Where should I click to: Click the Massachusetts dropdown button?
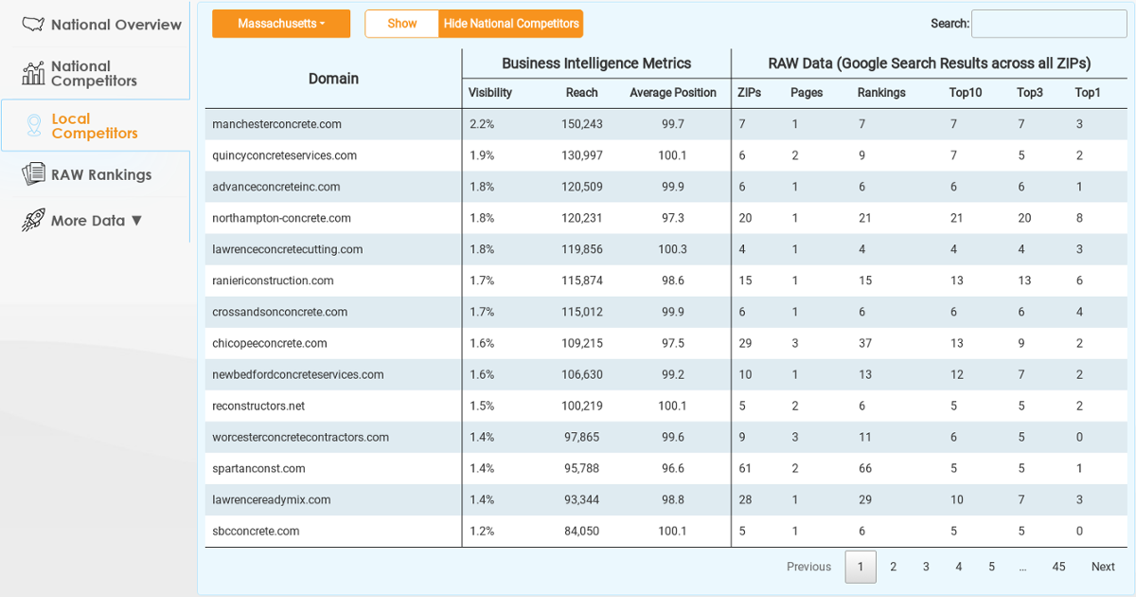coord(281,24)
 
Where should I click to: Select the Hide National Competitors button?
coord(510,24)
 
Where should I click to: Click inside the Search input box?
coord(1049,24)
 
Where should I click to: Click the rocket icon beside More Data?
coord(33,220)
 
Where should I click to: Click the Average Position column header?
coord(672,93)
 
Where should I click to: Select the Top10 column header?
coord(965,93)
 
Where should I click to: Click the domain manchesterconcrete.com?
coord(276,124)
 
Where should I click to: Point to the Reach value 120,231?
coord(581,218)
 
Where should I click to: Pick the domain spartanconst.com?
coord(258,468)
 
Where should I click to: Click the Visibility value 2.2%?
coord(482,124)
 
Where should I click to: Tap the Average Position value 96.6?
coord(672,468)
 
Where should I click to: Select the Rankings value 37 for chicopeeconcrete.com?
coord(864,343)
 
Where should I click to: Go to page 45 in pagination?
coord(1058,567)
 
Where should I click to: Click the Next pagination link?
coord(1103,567)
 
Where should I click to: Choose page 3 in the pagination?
coord(926,567)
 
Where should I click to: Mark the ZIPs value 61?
coord(744,468)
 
